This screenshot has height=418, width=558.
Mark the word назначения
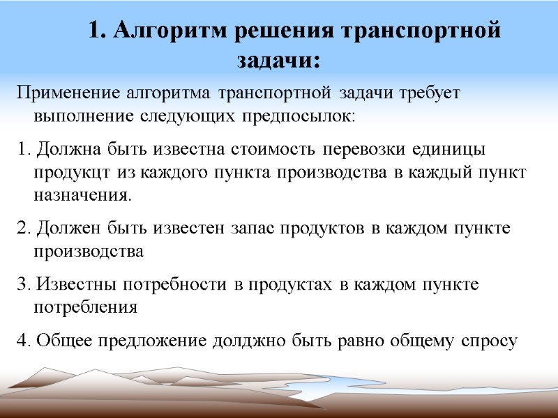tap(82, 195)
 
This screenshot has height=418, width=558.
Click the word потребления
tap(85, 307)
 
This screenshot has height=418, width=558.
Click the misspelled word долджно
tap(241, 341)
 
